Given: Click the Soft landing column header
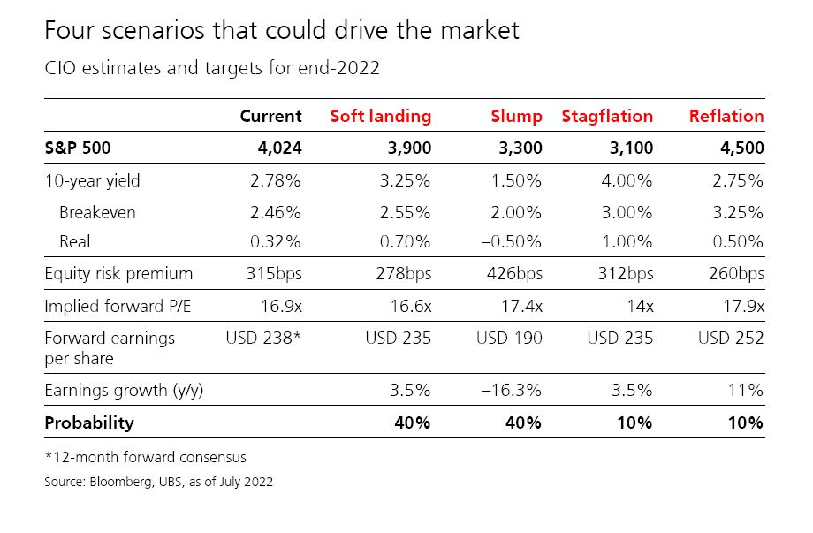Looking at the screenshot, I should click(x=380, y=116).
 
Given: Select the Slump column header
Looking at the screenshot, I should click(x=517, y=116).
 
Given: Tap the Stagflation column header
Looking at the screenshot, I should click(x=607, y=116).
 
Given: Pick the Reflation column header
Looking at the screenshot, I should click(x=726, y=116).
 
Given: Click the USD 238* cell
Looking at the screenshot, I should click(x=263, y=338).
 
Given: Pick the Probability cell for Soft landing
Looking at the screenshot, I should click(x=411, y=423).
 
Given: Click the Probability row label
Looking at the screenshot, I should click(x=89, y=423).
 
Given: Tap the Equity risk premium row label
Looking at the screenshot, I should click(x=118, y=273).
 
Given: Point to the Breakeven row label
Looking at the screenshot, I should click(x=97, y=212).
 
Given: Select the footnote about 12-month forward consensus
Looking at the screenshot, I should click(x=146, y=457).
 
